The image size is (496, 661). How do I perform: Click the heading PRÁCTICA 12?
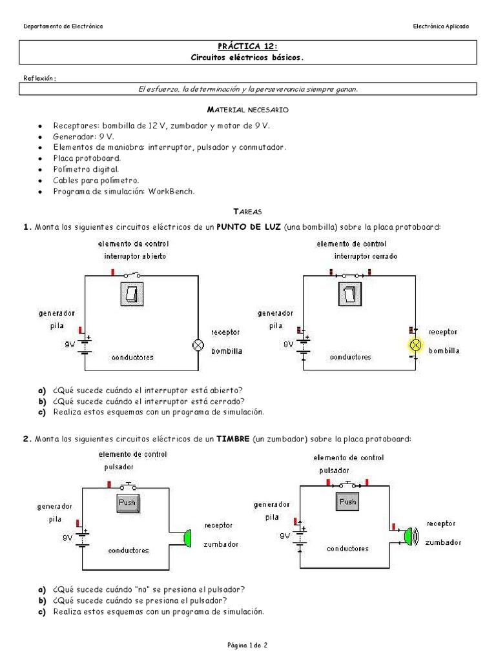coord(247,46)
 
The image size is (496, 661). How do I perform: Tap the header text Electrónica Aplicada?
coord(441,26)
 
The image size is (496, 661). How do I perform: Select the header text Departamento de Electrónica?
coord(63,26)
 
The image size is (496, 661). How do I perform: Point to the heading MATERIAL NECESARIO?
coord(247,111)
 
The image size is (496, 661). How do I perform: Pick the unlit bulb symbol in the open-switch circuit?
coord(198,345)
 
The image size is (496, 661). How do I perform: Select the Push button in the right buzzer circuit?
coord(347,502)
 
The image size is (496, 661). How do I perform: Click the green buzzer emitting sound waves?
coord(409,535)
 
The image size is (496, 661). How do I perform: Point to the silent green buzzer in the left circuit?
coord(187,537)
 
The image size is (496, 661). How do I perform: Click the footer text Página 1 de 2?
coord(247,644)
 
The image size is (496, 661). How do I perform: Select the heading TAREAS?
coord(247,211)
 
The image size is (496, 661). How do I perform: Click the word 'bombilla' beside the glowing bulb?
coord(444,351)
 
